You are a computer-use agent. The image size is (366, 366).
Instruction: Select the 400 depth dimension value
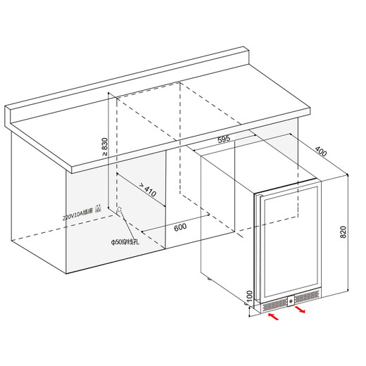(320, 153)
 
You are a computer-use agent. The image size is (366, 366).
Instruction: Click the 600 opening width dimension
(179, 227)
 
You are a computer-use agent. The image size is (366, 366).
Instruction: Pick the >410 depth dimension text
(146, 192)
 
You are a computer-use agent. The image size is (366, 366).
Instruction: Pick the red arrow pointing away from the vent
(301, 310)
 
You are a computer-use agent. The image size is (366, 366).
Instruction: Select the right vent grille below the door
(308, 299)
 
